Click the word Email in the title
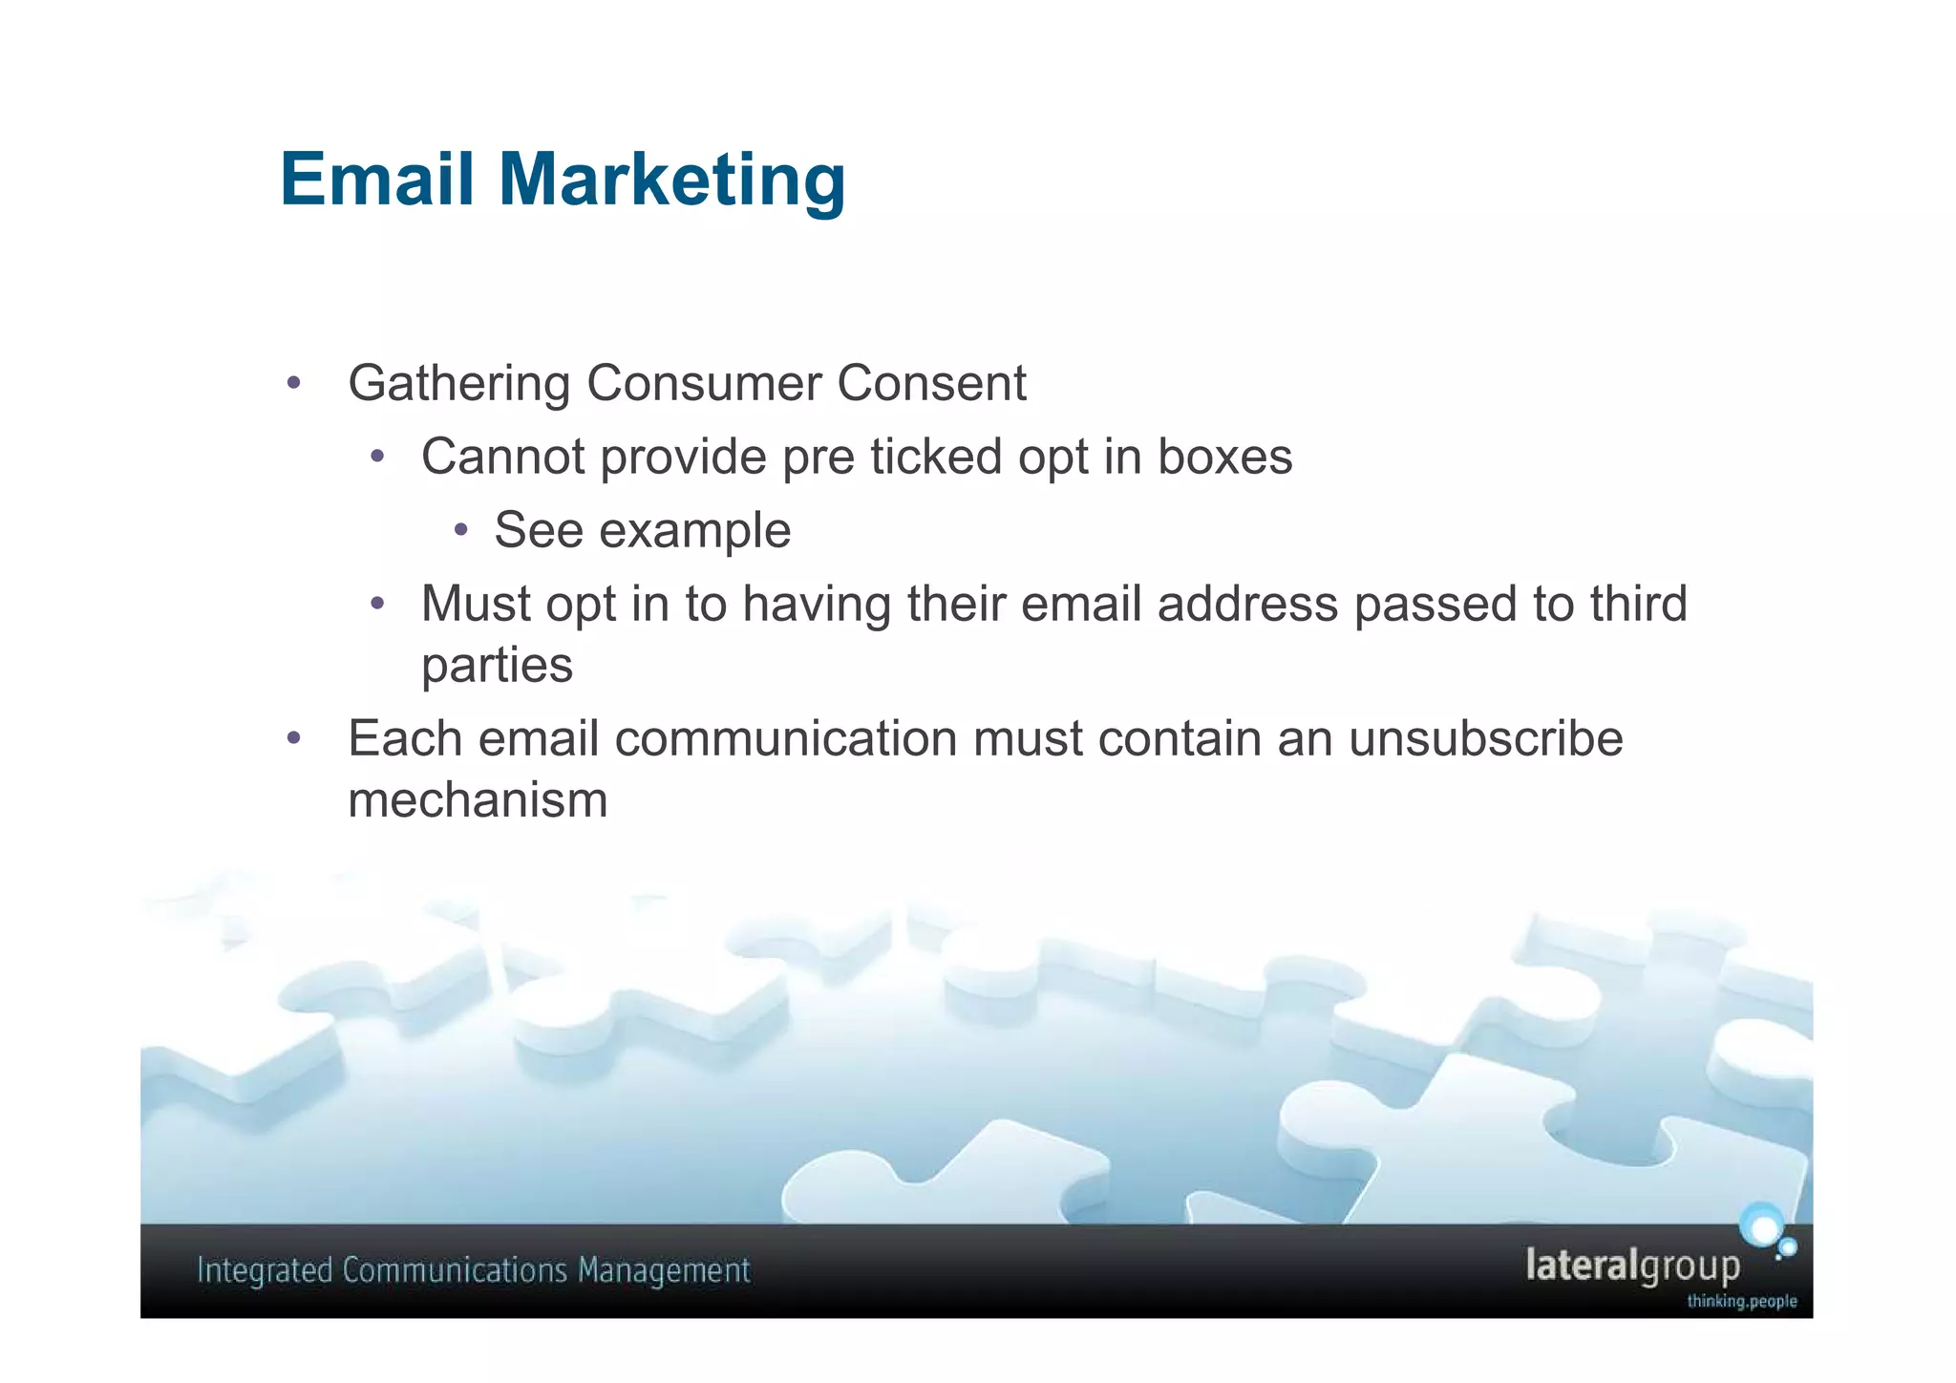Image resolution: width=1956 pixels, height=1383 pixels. pos(376,180)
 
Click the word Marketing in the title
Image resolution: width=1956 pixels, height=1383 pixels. pos(671,181)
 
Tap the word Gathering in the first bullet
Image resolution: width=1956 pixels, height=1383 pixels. pos(458,384)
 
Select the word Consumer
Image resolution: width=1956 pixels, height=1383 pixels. pos(704,384)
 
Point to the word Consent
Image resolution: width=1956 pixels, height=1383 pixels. pos(931,384)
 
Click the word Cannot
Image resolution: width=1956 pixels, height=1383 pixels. pos(503,457)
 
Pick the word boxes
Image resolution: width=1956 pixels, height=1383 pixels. pos(1225,457)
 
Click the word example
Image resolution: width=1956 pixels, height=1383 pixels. pos(695,531)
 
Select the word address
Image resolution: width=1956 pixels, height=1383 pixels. pos(1247,605)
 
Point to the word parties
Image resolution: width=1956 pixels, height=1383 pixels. pos(497,666)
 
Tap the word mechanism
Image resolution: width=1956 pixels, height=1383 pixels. pos(478,800)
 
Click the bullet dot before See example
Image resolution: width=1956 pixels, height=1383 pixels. pos(461,530)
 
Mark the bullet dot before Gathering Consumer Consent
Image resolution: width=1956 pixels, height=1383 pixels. pos(294,384)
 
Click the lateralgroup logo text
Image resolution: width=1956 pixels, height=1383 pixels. pos(1632,1266)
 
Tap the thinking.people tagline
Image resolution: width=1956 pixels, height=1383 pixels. pos(1741,1301)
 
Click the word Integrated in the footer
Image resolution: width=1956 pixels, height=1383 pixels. pos(264,1271)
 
